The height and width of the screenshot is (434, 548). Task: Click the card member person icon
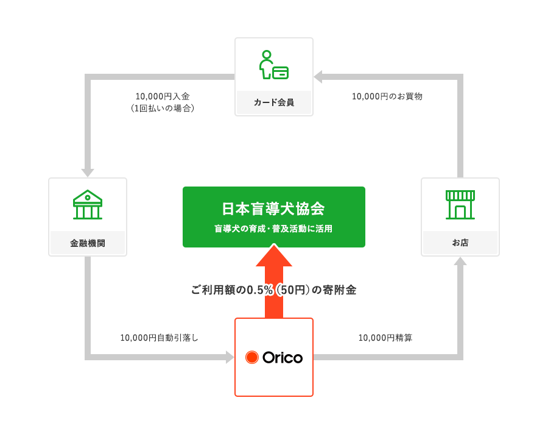(x=273, y=65)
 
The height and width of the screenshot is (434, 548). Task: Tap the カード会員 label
(x=273, y=102)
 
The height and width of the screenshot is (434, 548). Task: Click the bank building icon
(x=88, y=205)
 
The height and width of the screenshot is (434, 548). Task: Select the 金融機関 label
(x=88, y=243)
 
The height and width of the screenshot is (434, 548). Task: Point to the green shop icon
(x=460, y=205)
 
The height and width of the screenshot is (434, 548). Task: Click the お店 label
(x=460, y=243)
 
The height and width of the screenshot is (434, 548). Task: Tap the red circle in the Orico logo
(x=251, y=357)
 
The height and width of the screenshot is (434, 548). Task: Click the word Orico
(x=283, y=358)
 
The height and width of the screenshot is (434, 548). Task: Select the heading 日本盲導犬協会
(x=273, y=209)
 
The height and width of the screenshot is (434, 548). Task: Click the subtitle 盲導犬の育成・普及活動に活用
(x=273, y=229)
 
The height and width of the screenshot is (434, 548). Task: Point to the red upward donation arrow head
(x=274, y=255)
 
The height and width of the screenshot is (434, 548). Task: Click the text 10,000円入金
(x=163, y=96)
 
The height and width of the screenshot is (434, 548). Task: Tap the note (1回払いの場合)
(x=163, y=108)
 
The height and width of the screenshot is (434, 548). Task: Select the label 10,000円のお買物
(x=387, y=96)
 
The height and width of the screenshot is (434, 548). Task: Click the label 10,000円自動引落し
(x=160, y=338)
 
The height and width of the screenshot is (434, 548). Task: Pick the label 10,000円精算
(x=385, y=338)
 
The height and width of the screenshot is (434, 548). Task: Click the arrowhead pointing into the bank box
(x=88, y=173)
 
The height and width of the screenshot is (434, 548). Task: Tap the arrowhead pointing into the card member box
(x=318, y=77)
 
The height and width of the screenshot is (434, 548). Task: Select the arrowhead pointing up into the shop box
(x=460, y=261)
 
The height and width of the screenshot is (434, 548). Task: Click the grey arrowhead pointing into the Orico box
(x=230, y=357)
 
